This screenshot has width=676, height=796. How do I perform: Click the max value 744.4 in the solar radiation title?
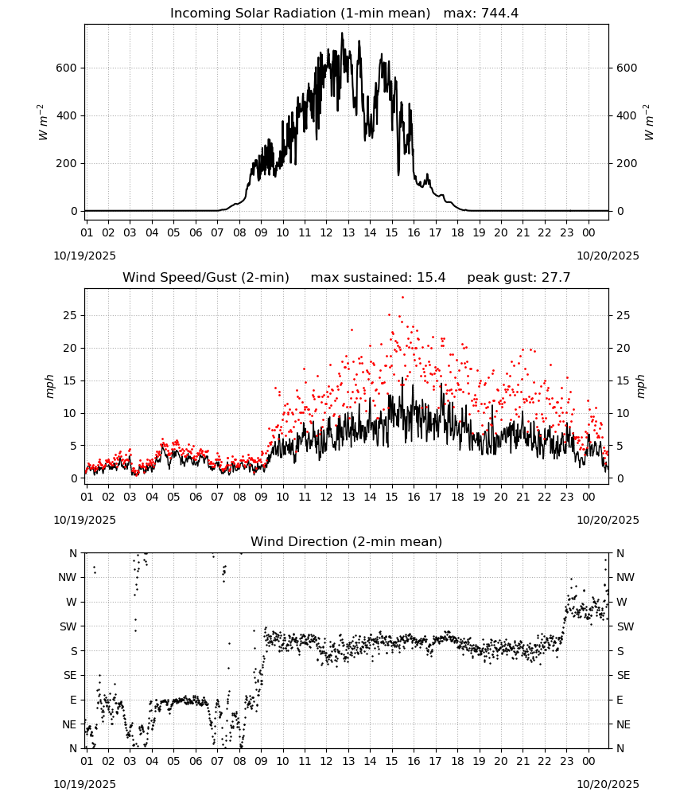499,14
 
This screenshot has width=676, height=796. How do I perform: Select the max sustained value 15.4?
431,278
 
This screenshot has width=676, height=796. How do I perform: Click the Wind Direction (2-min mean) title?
347,541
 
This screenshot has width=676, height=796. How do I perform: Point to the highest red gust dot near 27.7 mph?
402,298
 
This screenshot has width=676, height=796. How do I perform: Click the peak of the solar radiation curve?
342,33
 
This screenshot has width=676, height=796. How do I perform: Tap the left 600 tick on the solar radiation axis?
67,68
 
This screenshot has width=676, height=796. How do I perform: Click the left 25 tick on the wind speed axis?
71,315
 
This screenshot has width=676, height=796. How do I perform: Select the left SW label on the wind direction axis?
68,626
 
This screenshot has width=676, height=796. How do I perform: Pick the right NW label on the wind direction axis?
625,577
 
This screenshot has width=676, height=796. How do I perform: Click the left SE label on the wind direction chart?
71,675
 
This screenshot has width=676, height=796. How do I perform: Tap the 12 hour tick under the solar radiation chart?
326,232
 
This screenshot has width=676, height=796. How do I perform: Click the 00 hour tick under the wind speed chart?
589,497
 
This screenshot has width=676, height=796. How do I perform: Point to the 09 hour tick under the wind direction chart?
261,761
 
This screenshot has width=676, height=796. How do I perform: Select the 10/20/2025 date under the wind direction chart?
608,784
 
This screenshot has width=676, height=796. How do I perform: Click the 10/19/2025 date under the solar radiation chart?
84,256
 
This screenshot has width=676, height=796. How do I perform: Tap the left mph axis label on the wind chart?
49,386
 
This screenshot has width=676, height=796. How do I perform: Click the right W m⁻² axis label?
649,123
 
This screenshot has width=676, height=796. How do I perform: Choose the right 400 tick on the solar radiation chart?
627,115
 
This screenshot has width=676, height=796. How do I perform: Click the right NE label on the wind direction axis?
624,724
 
